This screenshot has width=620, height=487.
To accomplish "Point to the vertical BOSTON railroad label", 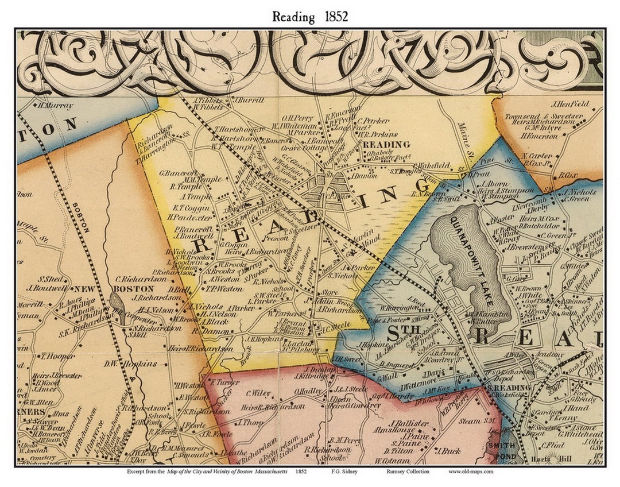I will tap(82, 217).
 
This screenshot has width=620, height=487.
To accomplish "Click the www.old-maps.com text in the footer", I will tap(470, 472).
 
